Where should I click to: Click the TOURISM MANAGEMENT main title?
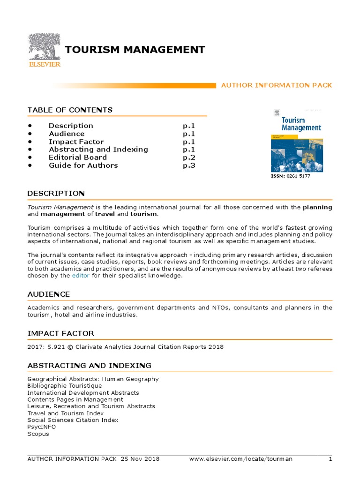tap(135, 50)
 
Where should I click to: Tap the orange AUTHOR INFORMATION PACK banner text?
tap(277, 85)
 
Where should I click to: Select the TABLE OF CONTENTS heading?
tap(70, 110)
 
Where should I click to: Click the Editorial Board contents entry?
tap(78, 157)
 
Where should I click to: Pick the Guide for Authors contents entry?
tap(83, 165)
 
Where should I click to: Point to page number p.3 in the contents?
tap(188, 165)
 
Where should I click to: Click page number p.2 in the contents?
tap(188, 157)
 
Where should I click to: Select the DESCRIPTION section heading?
tap(56, 193)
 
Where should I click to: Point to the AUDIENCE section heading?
tap(49, 294)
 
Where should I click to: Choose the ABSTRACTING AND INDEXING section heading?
tap(89, 365)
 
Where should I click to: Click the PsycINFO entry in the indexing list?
tap(41, 427)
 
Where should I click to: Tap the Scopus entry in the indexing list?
tap(38, 434)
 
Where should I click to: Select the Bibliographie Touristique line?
tap(64, 386)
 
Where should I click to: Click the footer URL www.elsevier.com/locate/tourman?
tap(240, 459)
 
